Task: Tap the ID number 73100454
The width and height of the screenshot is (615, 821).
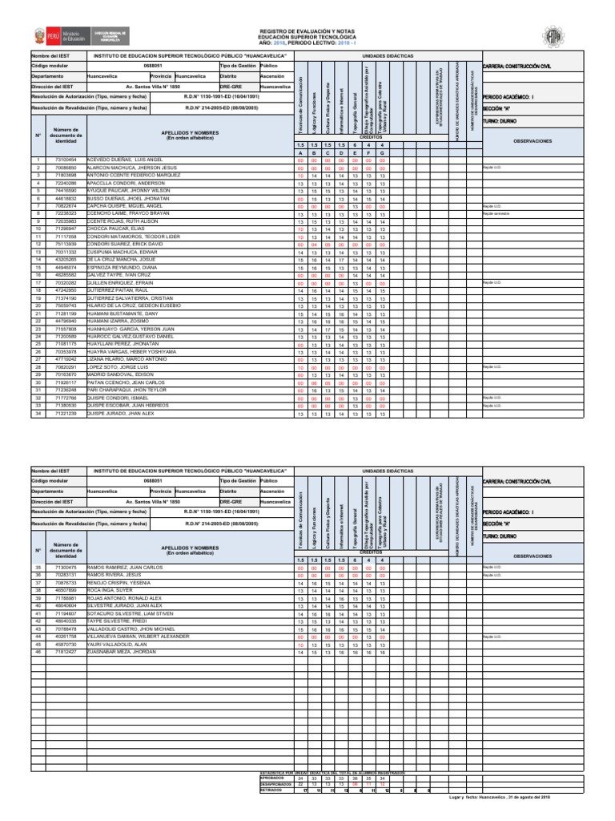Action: coord(65,160)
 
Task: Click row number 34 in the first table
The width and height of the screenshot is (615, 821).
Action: coord(38,414)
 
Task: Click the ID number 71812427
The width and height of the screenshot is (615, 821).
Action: coord(65,652)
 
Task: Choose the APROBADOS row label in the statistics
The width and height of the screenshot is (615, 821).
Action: coord(275,778)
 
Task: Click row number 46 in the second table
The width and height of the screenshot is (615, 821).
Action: coord(38,652)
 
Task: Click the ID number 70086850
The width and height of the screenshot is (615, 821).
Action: coord(65,168)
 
